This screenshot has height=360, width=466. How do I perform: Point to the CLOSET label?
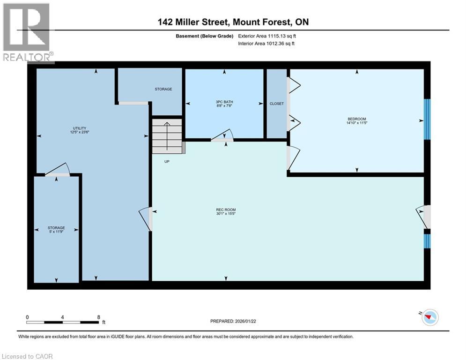pos(277,104)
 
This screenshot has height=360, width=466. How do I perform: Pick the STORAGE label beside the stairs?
pos(163,89)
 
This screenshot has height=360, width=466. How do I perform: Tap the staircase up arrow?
pos(167,135)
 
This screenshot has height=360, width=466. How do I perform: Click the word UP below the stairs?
pos(167,162)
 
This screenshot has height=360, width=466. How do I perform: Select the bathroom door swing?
pos(222,135)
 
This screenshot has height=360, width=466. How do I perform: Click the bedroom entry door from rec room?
pos(293,157)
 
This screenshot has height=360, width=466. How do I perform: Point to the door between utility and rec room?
pos(146,219)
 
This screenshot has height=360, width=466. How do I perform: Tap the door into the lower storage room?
pos(57,170)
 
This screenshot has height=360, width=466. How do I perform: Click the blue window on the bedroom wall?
pos(427,119)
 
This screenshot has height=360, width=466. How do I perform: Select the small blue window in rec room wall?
pos(427,241)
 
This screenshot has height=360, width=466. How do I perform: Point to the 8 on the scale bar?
pos(99,317)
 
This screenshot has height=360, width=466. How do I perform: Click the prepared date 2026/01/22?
pos(245,321)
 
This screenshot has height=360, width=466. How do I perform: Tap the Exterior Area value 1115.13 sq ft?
pos(282,36)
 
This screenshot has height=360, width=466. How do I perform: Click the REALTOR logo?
pos(27,33)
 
